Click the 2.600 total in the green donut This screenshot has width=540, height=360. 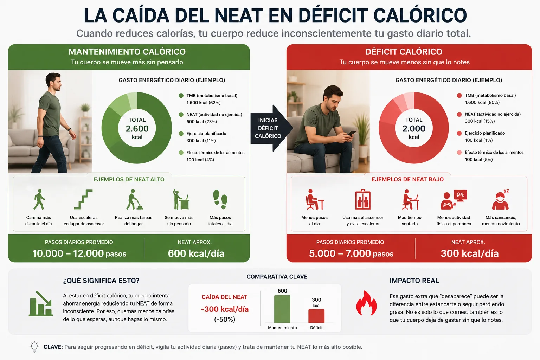pos(137,129)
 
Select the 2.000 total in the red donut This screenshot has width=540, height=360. pos(414,129)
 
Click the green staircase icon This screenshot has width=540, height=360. pos(83,199)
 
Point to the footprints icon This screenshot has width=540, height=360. pos(220,199)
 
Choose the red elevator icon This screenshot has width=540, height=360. pos(362,199)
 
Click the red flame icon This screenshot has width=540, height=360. pos(366,303)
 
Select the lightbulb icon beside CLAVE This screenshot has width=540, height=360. pos(34,347)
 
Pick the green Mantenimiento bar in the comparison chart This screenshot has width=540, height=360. pos(282,309)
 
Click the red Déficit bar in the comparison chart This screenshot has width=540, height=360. pos(316,316)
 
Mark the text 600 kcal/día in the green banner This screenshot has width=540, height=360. pos(196,253)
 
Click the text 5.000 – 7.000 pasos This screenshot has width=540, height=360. pos(351,253)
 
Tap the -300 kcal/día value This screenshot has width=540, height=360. pos(224,309)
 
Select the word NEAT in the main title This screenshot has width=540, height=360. pos(238,15)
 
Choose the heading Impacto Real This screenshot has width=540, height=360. pos(414,281)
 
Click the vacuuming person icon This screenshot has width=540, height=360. pos(134,199)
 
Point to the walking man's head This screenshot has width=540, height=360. pos(53,82)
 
